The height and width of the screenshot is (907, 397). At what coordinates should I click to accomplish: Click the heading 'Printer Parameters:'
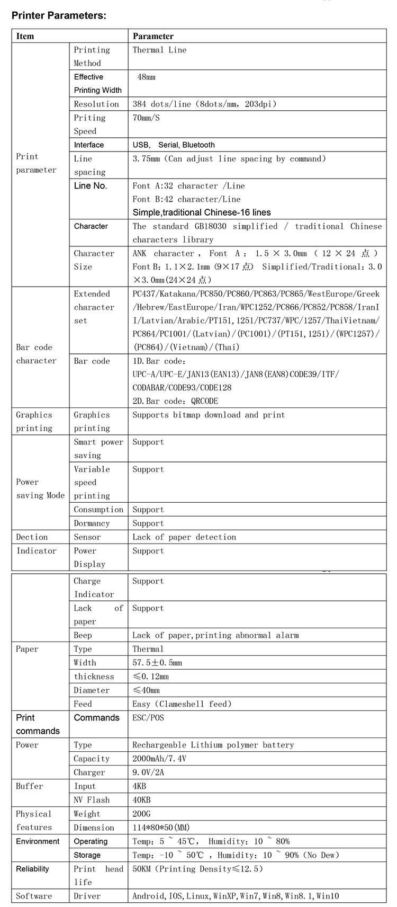pos(59,15)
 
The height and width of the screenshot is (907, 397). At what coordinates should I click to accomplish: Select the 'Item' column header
pos(25,36)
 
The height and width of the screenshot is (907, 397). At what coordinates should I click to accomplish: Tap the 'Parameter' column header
pos(153,36)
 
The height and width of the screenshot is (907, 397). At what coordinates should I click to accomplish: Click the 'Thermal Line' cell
pos(159,50)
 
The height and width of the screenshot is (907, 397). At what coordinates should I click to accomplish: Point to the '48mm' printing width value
pos(146,77)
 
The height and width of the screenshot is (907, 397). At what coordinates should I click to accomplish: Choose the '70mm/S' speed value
pos(146,118)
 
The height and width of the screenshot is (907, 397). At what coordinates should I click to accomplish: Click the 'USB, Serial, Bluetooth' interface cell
pos(174,145)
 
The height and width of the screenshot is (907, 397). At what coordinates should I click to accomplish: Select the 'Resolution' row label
pos(96,104)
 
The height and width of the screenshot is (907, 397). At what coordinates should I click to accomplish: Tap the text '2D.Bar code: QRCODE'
pos(175,401)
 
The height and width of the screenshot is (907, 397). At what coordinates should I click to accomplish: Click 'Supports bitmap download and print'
pos(209,415)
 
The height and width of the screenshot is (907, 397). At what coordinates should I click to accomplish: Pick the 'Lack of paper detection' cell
pos(184,537)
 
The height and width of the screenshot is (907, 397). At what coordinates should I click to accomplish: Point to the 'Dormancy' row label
pos(92,523)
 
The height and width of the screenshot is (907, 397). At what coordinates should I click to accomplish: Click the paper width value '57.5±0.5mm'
pos(157,663)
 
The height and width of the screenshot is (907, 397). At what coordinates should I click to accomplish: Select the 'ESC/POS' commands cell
pos(148,718)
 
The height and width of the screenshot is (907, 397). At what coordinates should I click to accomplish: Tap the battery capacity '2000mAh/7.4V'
pos(159,759)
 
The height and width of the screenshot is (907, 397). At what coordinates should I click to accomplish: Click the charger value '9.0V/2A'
pos(148,772)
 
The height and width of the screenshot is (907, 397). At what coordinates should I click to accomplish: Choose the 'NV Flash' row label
pos(92,800)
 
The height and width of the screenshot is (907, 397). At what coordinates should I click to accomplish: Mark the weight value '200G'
pos(141,814)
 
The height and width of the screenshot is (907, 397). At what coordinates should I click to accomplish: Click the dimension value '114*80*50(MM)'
pos(161,828)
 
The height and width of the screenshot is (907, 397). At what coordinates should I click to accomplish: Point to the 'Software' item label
pos(34,896)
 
